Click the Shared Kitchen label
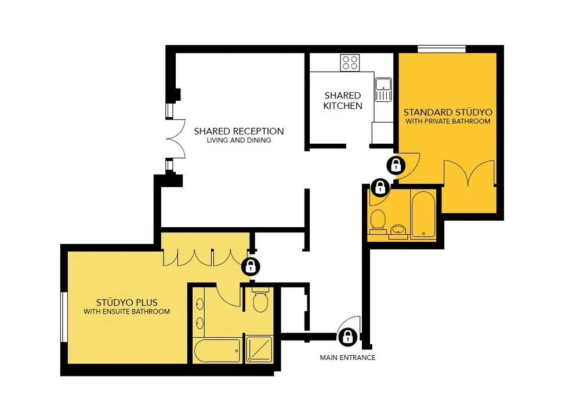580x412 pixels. click(x=343, y=100)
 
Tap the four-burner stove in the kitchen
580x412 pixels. click(x=350, y=63)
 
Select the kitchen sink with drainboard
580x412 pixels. click(x=383, y=89)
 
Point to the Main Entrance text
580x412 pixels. click(x=347, y=358)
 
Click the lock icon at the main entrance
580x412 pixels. click(x=347, y=337)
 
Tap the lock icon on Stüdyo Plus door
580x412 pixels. click(x=251, y=266)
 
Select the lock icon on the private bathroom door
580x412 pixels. click(x=380, y=188)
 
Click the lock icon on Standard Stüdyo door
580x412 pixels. click(x=396, y=165)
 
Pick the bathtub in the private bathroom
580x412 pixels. click(x=423, y=214)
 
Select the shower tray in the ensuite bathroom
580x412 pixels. click(x=259, y=349)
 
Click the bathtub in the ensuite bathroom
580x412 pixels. click(x=217, y=351)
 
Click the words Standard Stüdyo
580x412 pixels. click(x=448, y=112)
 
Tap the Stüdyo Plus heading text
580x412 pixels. click(x=127, y=302)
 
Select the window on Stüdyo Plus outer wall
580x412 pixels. click(x=64, y=316)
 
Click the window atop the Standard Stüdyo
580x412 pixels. click(x=441, y=49)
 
